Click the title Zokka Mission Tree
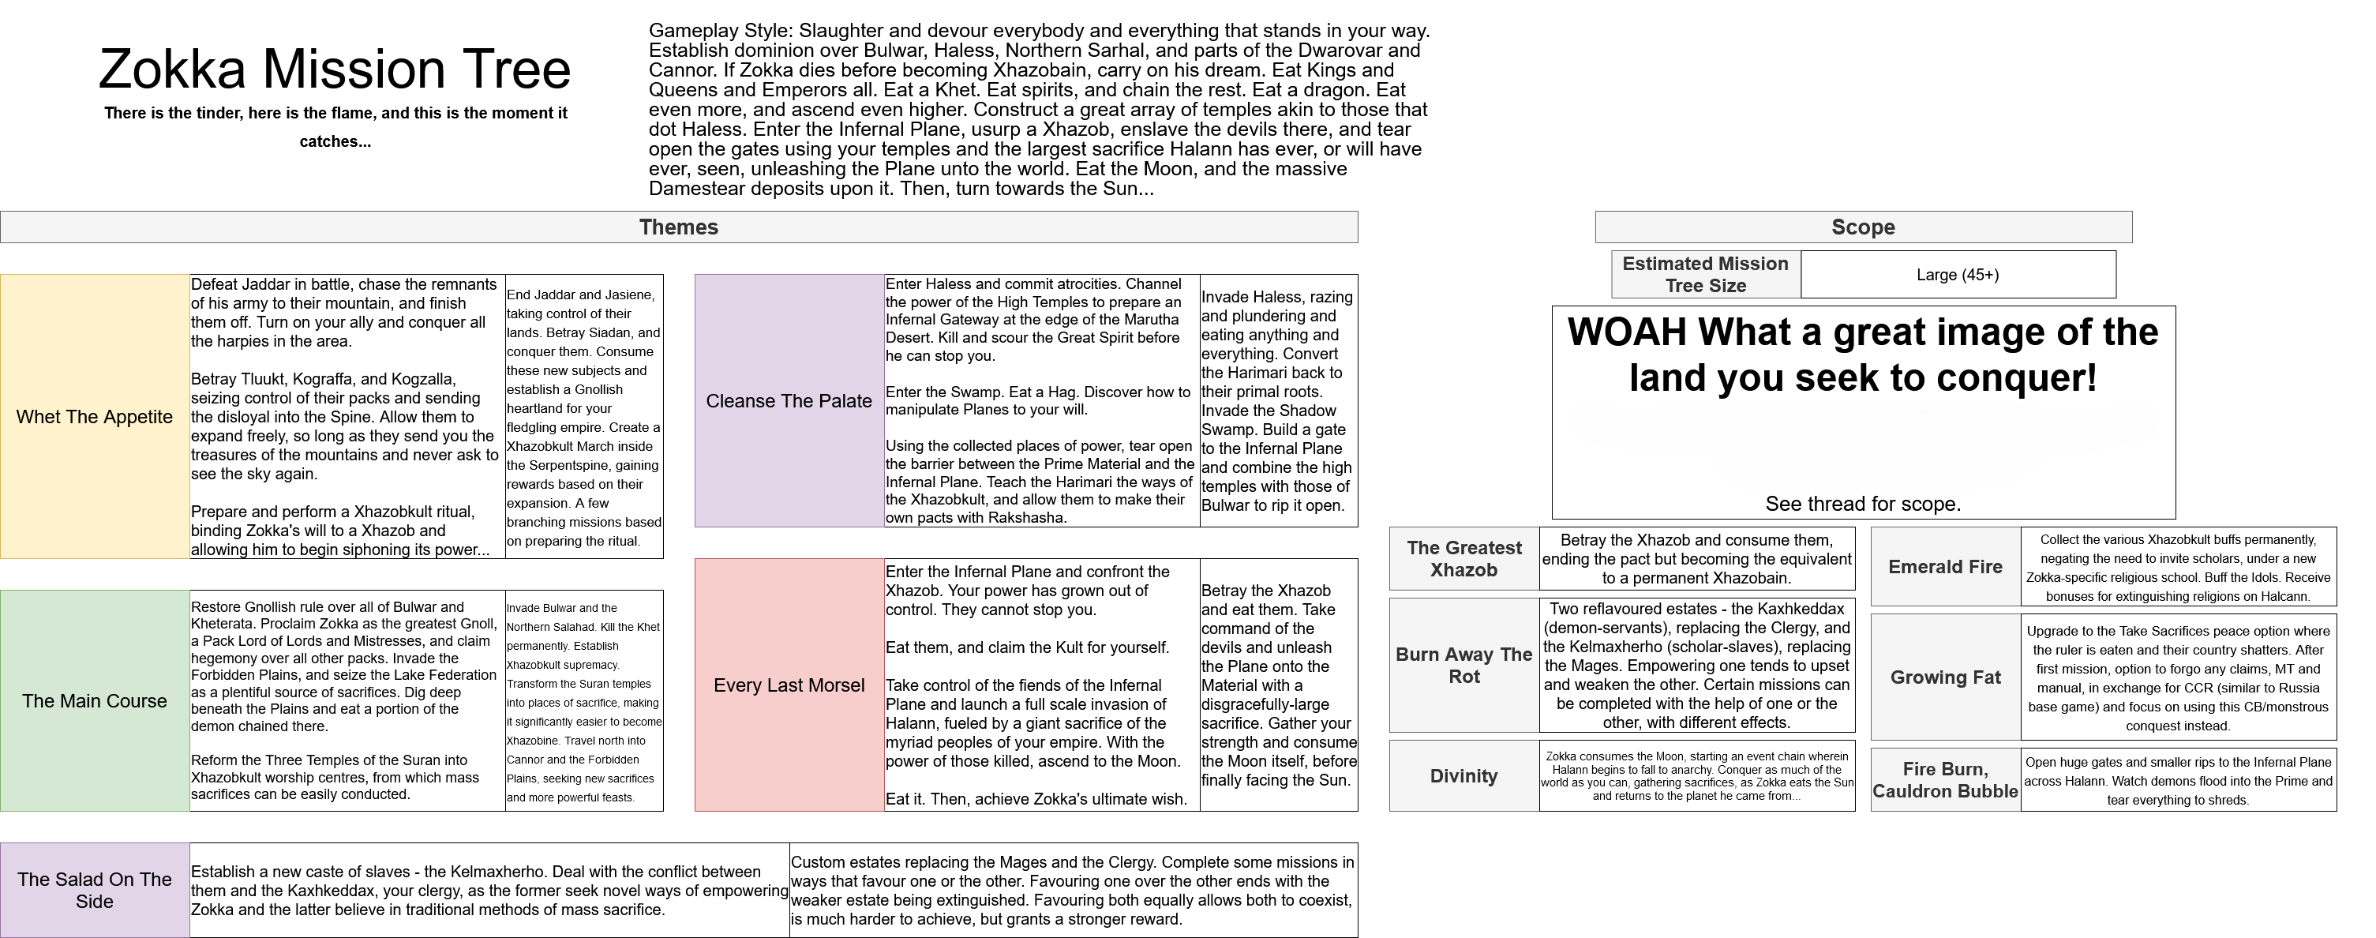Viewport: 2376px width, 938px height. point(335,69)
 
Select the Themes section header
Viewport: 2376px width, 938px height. point(679,227)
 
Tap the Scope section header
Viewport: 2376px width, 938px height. point(1863,227)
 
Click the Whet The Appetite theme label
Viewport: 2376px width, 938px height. point(95,417)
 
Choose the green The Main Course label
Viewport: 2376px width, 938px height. point(95,701)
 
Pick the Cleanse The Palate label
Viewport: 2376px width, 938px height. point(789,401)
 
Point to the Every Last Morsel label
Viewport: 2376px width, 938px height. point(789,685)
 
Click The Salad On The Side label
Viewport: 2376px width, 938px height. point(95,890)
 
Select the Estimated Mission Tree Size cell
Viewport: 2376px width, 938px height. point(1706,275)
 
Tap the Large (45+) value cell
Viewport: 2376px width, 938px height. point(1958,275)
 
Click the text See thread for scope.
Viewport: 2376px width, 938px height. point(1863,505)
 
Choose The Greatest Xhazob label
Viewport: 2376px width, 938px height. point(1463,559)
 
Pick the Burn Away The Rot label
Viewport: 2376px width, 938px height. point(1463,665)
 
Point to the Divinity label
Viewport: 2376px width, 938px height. point(1463,775)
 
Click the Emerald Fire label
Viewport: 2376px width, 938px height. point(1945,567)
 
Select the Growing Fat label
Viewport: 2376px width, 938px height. point(1945,677)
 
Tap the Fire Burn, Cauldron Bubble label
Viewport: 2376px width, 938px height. point(1945,780)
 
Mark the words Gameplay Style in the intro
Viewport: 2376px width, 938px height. point(717,31)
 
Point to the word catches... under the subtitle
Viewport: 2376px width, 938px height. point(335,142)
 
